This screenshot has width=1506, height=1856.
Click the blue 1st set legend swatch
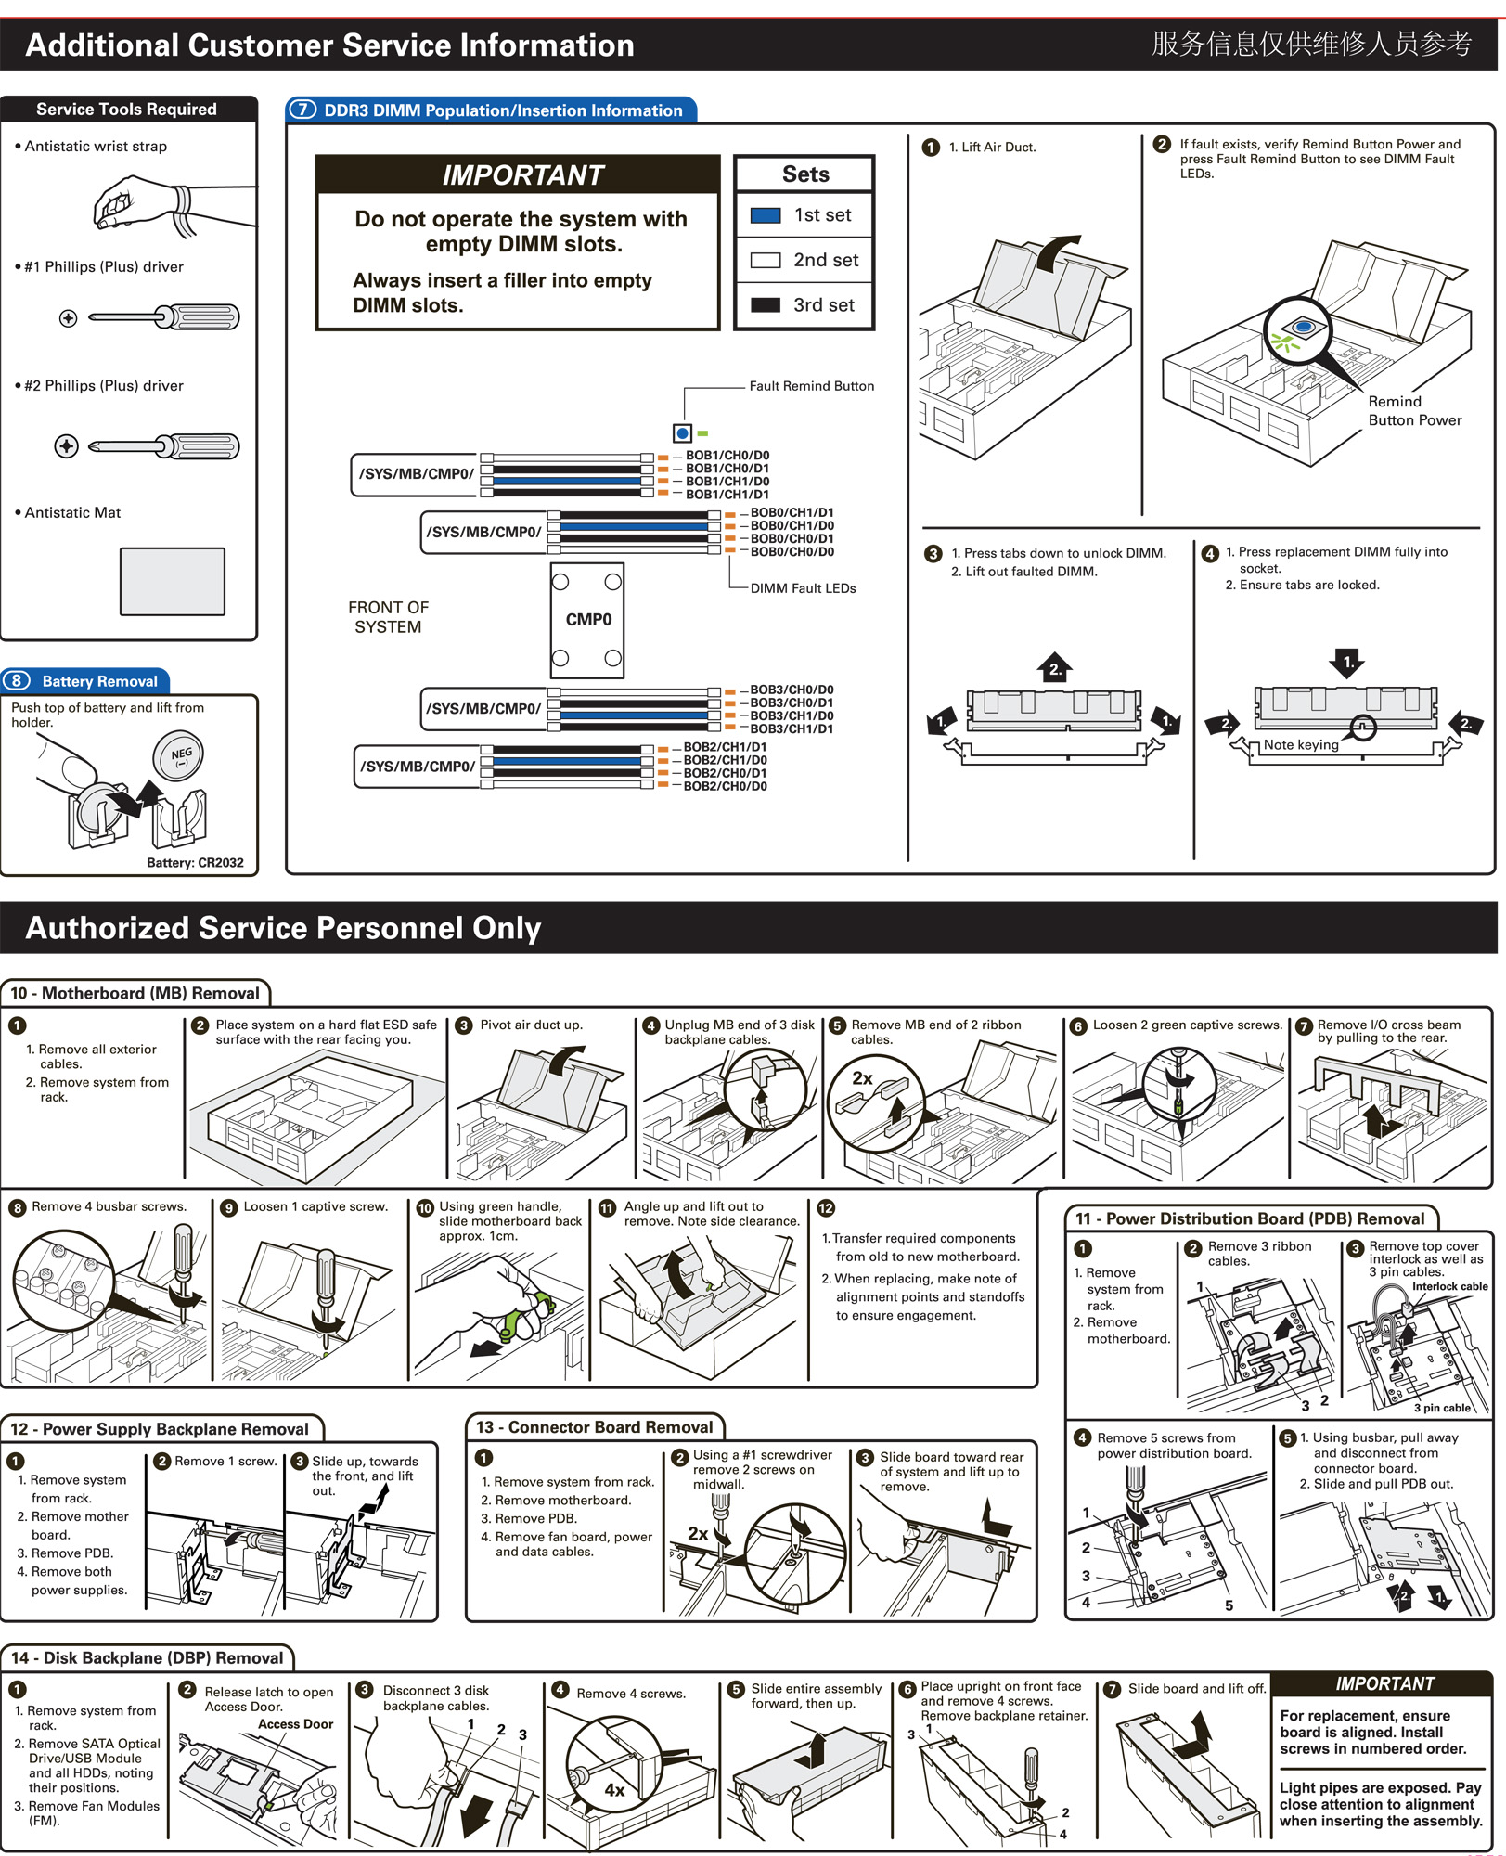tap(765, 215)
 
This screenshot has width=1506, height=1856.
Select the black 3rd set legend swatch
tap(765, 305)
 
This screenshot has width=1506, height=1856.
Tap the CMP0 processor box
tap(587, 620)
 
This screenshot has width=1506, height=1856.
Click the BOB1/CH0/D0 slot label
tap(727, 456)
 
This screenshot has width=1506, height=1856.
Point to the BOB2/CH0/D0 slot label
tap(725, 787)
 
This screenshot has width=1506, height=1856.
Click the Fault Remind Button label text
tap(811, 386)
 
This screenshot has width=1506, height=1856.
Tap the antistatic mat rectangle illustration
tap(173, 581)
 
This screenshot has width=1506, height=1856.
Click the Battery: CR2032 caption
tap(195, 863)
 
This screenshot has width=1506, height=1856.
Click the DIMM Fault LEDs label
tap(803, 588)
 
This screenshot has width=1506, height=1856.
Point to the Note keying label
tap(1301, 744)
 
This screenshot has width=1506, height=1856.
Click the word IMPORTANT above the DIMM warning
tap(522, 175)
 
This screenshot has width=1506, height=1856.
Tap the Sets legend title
tap(805, 174)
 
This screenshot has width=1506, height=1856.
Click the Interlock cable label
tap(1449, 1286)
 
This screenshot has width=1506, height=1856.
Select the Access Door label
tap(295, 1724)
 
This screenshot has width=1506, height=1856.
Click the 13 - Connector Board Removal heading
tap(595, 1428)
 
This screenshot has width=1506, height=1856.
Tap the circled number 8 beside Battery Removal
tap(17, 681)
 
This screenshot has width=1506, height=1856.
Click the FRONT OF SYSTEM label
tap(388, 617)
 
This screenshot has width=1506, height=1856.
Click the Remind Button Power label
tap(1414, 411)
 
